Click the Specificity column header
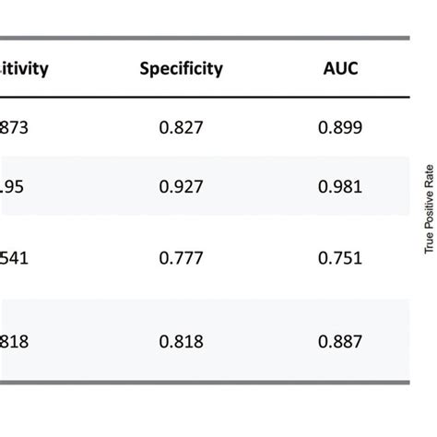[x=181, y=68]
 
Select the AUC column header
[x=339, y=68]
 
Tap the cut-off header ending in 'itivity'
[x=24, y=68]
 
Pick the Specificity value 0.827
[x=181, y=129]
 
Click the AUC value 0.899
[x=339, y=129]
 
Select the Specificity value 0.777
[x=181, y=259]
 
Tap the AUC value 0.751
[x=339, y=259]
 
